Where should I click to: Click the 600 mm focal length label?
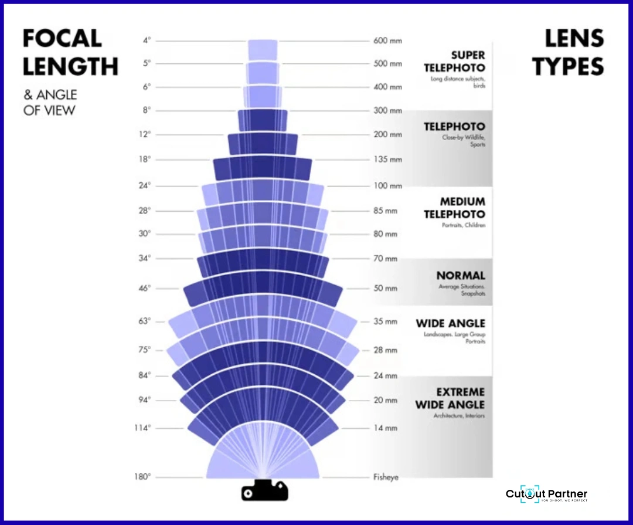tap(387, 41)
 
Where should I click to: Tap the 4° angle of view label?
tap(147, 40)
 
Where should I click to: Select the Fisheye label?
tap(386, 477)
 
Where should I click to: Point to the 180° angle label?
tap(143, 476)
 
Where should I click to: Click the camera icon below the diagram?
tap(265, 491)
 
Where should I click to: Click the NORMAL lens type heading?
tap(461, 276)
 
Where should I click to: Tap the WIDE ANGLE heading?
tap(451, 323)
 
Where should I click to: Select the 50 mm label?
tap(386, 289)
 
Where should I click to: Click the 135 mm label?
tap(387, 160)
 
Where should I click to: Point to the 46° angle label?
tap(145, 288)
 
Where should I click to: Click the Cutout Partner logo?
tap(546, 495)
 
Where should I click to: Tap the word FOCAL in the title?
tap(62, 39)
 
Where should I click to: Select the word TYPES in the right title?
tap(568, 67)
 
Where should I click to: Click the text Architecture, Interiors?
tap(459, 416)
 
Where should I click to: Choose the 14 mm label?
tap(386, 428)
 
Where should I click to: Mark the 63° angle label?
tap(145, 321)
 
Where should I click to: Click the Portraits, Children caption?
tap(464, 225)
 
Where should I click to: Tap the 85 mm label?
tap(386, 211)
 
